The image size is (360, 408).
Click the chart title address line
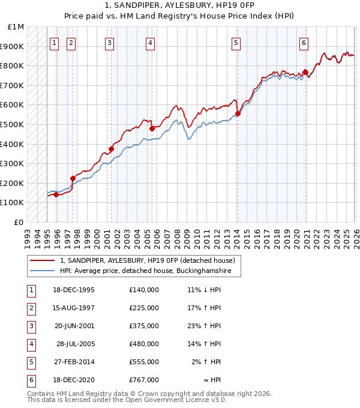(x=179, y=5)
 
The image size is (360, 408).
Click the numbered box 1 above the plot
(x=55, y=43)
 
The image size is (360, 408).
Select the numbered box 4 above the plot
(x=149, y=43)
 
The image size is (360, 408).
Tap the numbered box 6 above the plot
(x=304, y=43)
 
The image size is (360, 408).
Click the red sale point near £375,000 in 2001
(x=111, y=149)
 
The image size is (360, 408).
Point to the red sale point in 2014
(x=238, y=113)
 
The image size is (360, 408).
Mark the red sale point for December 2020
(x=305, y=72)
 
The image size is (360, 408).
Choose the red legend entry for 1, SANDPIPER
(x=150, y=260)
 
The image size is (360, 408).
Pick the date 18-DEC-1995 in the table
(x=74, y=290)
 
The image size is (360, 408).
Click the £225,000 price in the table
(x=143, y=308)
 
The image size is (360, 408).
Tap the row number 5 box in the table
(x=30, y=362)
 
